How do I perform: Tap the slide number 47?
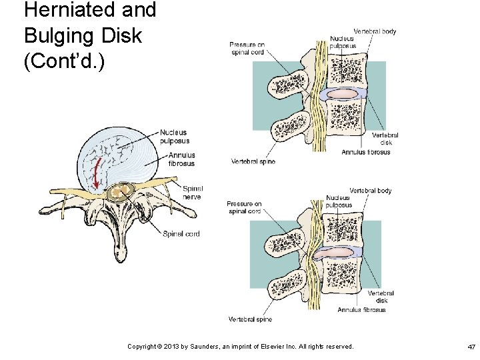pos(471,347)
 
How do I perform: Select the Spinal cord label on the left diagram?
pos(181,234)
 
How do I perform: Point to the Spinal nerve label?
pos(193,192)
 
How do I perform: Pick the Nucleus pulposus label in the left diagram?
pos(175,137)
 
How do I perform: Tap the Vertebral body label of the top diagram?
pos(375,31)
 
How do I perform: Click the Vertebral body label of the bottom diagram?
pos(371,191)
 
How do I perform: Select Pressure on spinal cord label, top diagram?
pos(248,48)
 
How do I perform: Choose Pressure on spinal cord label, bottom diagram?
pos(244,207)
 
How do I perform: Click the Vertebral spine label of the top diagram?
pos(253,161)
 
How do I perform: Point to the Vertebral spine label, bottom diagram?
pos(250,319)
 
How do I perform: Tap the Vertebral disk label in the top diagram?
pos(385,139)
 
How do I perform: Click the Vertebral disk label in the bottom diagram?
pos(381,297)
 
